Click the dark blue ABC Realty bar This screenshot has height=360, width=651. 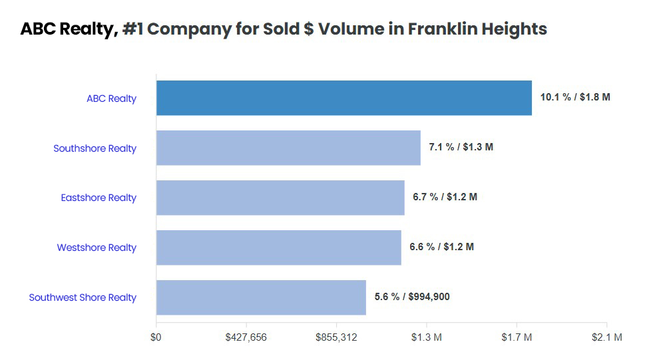point(344,98)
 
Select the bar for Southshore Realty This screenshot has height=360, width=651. point(288,148)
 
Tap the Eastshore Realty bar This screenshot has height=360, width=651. point(280,198)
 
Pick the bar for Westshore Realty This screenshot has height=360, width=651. point(279,248)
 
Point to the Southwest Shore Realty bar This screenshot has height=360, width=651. point(261,297)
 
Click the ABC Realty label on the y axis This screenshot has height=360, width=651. point(111,98)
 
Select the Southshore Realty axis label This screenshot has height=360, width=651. point(95,148)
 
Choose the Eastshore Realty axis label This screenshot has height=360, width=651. point(99,198)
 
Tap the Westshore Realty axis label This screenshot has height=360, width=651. point(97,248)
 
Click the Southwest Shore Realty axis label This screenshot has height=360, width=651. point(83,297)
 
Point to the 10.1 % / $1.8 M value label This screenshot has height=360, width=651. point(574,97)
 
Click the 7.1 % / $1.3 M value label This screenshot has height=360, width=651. point(461,147)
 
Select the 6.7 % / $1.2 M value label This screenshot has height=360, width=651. point(445,197)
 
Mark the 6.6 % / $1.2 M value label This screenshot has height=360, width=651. point(441,247)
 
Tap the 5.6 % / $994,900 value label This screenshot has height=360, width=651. point(411,297)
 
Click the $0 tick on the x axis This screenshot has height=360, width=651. point(156,337)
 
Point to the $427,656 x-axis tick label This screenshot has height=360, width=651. point(246,337)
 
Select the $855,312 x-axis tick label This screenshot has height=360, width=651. point(336,337)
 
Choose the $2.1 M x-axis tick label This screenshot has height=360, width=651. point(606,337)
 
